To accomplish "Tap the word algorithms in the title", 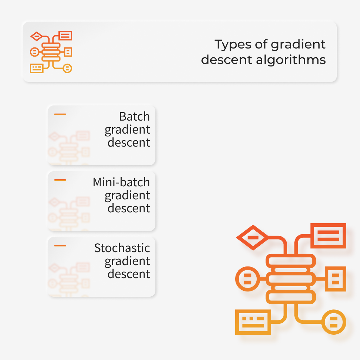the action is [291, 60].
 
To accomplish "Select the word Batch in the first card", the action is [135, 116].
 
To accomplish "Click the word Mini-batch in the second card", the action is [121, 182].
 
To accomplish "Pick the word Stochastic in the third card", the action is [122, 248].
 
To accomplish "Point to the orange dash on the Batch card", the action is [60, 114].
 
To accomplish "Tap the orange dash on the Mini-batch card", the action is [60, 180].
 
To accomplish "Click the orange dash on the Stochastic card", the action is [60, 246].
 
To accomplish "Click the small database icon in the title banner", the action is [51, 52].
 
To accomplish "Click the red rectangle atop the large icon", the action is [328, 236].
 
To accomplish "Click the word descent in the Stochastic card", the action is [129, 274].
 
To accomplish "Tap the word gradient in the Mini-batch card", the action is [127, 196].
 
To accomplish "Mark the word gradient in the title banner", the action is [298, 45].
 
